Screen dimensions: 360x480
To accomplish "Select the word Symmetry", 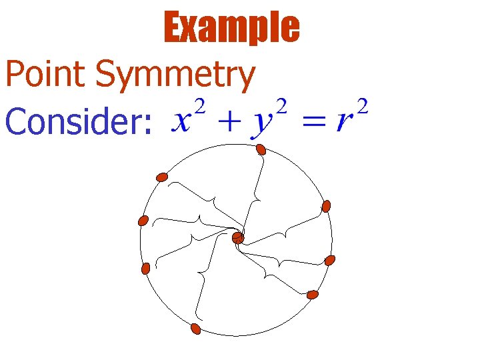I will pyautogui.click(x=175, y=77).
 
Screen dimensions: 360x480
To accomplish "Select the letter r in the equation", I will pyautogui.click(x=344, y=122).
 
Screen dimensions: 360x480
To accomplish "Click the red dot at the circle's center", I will pyautogui.click(x=238, y=238).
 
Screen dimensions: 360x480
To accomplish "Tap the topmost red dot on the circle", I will pyautogui.click(x=261, y=149).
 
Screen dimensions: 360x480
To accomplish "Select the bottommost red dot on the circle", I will pyautogui.click(x=195, y=329).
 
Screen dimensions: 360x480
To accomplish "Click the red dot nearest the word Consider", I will pyautogui.click(x=162, y=177).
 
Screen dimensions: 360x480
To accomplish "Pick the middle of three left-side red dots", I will pyautogui.click(x=143, y=221).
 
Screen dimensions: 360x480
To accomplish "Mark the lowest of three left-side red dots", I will pyautogui.click(x=146, y=268).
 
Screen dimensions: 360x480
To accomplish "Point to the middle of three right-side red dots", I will pyautogui.click(x=329, y=260).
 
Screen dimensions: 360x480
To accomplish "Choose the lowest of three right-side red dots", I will pyautogui.click(x=313, y=294).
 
